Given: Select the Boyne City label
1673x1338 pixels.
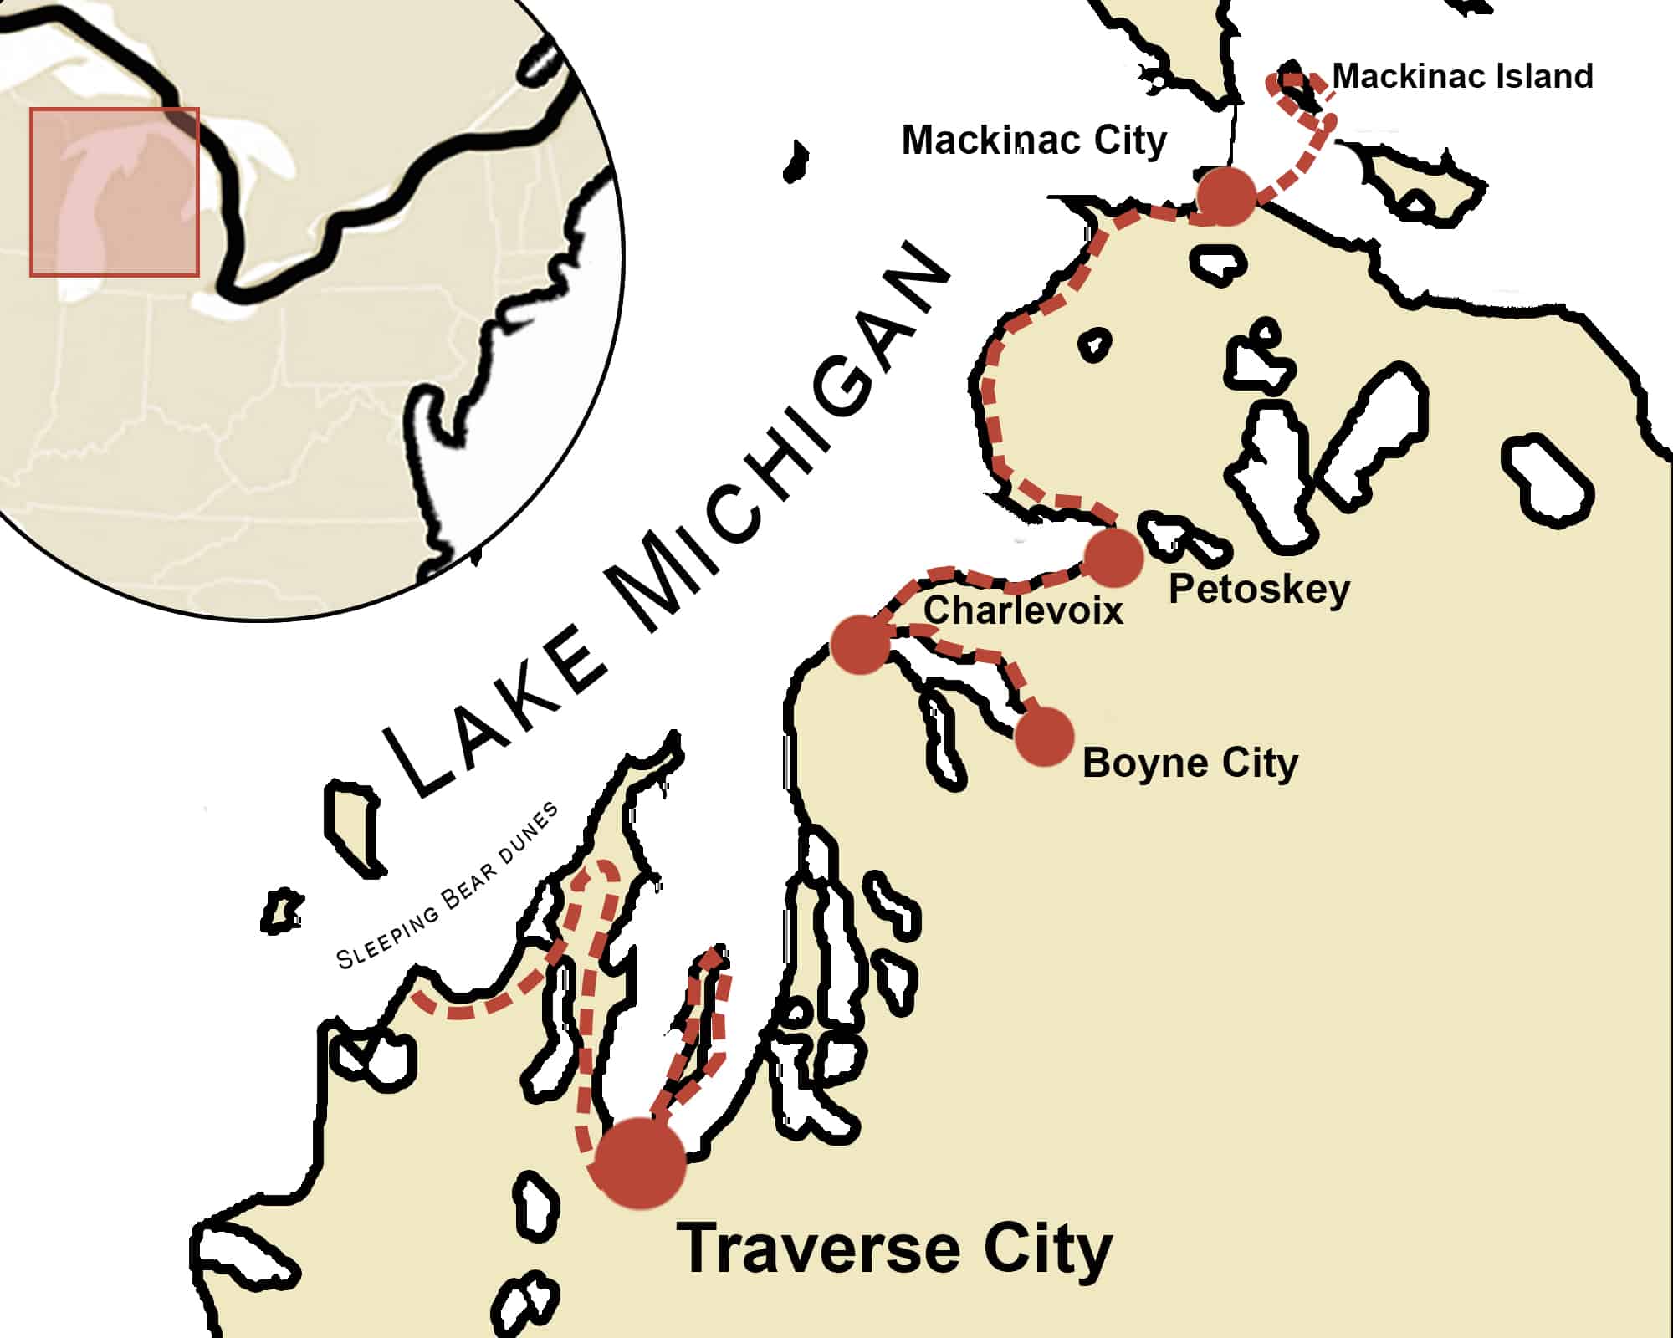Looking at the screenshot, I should click(1190, 763).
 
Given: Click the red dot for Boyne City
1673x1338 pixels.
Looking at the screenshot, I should click(1045, 737).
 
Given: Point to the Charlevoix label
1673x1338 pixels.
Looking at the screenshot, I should click(1022, 610).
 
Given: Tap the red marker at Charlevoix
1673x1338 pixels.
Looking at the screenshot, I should click(860, 644).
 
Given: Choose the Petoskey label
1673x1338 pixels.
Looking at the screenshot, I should click(1258, 590).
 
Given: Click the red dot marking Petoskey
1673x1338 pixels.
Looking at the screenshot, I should click(1113, 556).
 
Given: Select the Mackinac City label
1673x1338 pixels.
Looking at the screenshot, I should click(1034, 140).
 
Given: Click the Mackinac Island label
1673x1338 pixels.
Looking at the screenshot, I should click(1461, 76).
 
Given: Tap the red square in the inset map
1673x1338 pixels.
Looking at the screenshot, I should click(115, 192).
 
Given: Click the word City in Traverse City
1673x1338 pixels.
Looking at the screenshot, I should click(1047, 1249).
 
